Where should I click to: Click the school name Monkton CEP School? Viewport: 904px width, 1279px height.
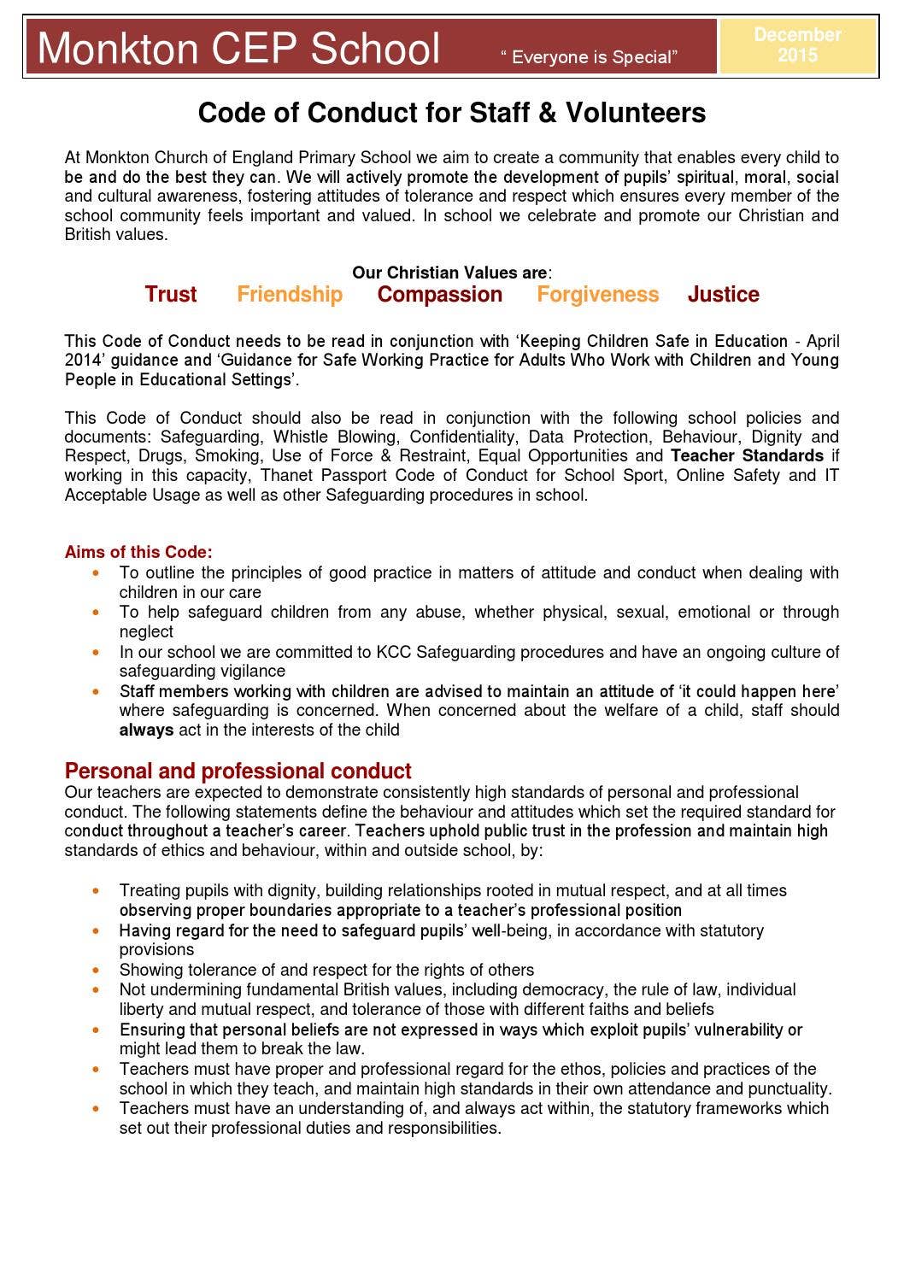(x=239, y=49)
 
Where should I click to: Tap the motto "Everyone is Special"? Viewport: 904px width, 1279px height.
(x=590, y=57)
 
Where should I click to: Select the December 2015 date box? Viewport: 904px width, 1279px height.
(x=798, y=45)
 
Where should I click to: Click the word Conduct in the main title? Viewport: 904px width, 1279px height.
(x=356, y=113)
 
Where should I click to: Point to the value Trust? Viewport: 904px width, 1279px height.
(x=171, y=295)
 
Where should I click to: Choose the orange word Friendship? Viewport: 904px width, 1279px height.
(x=290, y=295)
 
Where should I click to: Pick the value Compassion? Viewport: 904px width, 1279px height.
(x=440, y=295)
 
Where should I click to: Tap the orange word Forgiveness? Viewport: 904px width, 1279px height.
(x=598, y=295)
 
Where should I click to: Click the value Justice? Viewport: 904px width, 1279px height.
(x=724, y=295)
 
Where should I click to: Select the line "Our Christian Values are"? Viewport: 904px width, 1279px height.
(x=451, y=273)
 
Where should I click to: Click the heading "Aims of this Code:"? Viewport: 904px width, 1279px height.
(x=138, y=552)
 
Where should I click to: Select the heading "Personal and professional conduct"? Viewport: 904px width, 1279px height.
(x=238, y=771)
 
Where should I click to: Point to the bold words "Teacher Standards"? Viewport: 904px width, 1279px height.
(x=747, y=455)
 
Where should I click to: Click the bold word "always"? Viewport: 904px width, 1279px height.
(x=146, y=730)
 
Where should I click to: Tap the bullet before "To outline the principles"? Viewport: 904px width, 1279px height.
(x=97, y=572)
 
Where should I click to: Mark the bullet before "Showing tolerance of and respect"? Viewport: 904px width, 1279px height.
(x=97, y=970)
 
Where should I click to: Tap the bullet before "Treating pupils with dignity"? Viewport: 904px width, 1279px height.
(x=97, y=890)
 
